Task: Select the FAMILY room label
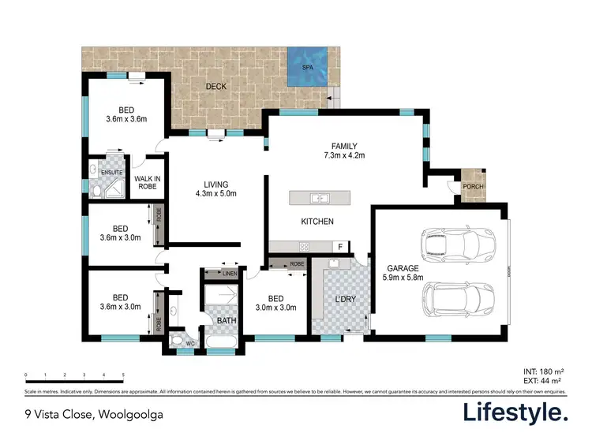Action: [344, 146]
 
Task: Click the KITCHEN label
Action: [317, 222]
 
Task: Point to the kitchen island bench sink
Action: [319, 197]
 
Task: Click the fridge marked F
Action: [339, 246]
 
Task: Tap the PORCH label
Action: [473, 187]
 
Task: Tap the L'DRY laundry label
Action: [344, 300]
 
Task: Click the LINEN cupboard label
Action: [229, 274]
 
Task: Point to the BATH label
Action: [225, 320]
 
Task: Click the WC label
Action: [189, 343]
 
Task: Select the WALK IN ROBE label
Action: [147, 183]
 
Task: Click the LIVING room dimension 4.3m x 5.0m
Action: [216, 193]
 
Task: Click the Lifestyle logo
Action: [514, 412]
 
